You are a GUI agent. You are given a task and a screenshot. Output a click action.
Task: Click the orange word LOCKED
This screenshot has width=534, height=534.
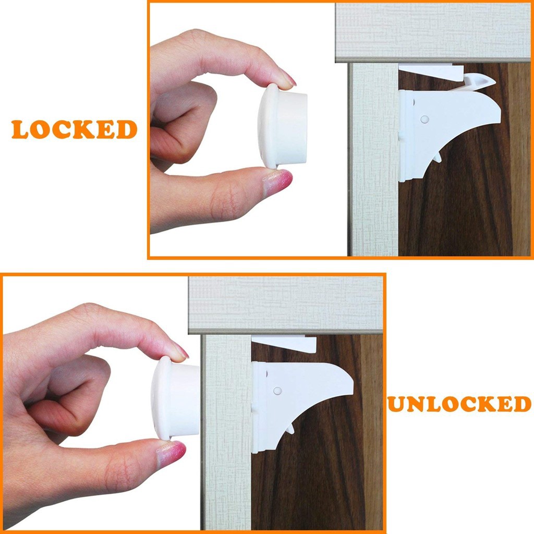tap(74, 129)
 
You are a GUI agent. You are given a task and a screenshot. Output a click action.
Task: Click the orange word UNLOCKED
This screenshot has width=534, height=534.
tap(459, 404)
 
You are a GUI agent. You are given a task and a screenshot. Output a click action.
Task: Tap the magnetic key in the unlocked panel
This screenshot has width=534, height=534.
tap(175, 398)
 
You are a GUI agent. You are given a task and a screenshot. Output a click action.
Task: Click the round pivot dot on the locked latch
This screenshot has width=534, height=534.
tap(424, 119)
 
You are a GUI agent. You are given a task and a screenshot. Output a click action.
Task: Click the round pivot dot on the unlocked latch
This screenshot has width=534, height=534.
tap(277, 391)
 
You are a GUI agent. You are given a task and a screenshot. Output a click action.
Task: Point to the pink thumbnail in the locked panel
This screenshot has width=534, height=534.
tap(279, 181)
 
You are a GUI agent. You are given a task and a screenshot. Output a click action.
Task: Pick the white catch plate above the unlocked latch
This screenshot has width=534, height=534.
tap(284, 343)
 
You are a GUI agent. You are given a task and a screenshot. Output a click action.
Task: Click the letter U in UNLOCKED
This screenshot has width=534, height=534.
tap(398, 404)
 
